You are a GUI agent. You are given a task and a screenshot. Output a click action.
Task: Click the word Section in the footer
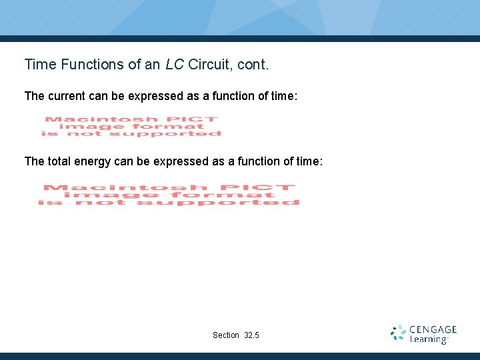(x=225, y=335)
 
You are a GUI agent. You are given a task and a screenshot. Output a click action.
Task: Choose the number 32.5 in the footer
(x=252, y=335)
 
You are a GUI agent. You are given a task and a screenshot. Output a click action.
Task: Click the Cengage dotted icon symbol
(x=398, y=333)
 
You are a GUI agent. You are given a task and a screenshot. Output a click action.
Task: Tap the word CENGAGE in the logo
(x=433, y=329)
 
